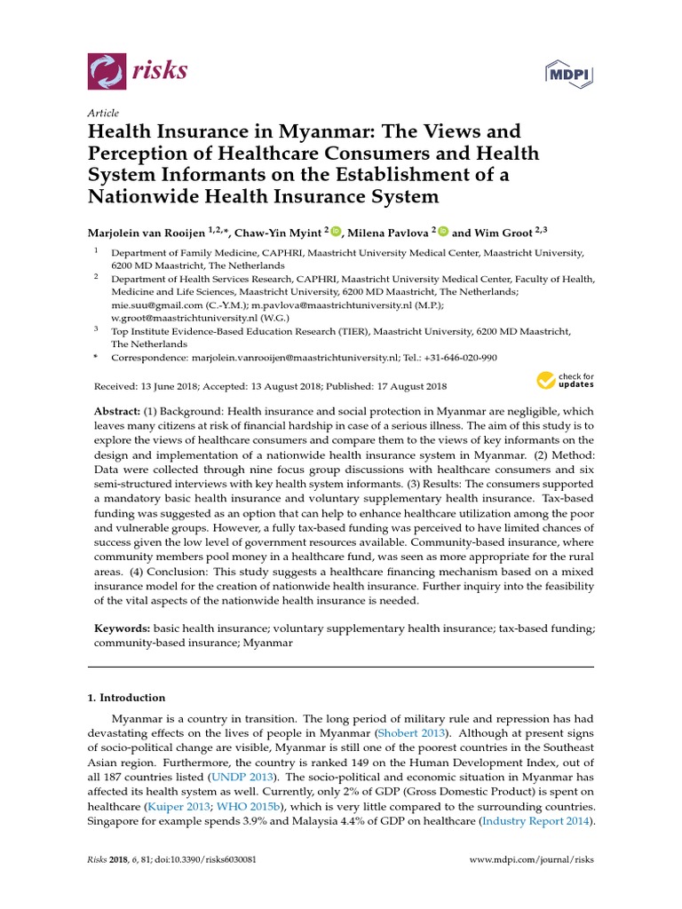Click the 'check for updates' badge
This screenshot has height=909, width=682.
click(x=564, y=381)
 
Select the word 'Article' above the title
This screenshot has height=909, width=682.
click(x=103, y=114)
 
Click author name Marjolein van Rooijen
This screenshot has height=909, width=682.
click(x=146, y=233)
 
